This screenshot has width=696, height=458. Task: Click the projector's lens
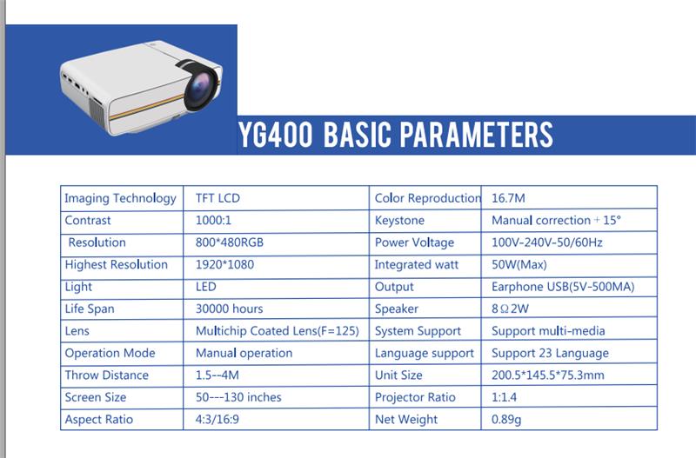(201, 88)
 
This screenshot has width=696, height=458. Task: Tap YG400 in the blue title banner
(275, 135)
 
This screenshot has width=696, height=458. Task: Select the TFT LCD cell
(217, 198)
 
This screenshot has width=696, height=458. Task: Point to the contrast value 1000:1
(213, 220)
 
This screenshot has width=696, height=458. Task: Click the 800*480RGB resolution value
(230, 242)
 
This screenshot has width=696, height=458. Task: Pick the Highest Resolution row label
(117, 265)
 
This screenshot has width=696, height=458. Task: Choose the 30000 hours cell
(229, 309)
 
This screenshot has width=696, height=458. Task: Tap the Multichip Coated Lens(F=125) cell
(277, 331)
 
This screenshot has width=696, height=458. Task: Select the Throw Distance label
(106, 375)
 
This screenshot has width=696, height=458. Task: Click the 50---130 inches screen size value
(238, 397)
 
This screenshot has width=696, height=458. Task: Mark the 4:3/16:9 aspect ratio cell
(217, 419)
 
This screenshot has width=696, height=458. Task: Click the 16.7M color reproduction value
(508, 198)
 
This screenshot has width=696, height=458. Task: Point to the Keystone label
(399, 221)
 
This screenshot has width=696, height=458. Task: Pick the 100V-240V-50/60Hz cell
(547, 242)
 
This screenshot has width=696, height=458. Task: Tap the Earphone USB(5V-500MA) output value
(563, 287)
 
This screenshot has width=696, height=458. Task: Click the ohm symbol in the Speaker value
(505, 309)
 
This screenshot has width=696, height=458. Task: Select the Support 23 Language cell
(550, 353)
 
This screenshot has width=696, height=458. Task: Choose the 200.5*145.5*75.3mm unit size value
(548, 375)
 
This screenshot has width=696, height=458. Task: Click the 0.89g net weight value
(506, 420)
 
